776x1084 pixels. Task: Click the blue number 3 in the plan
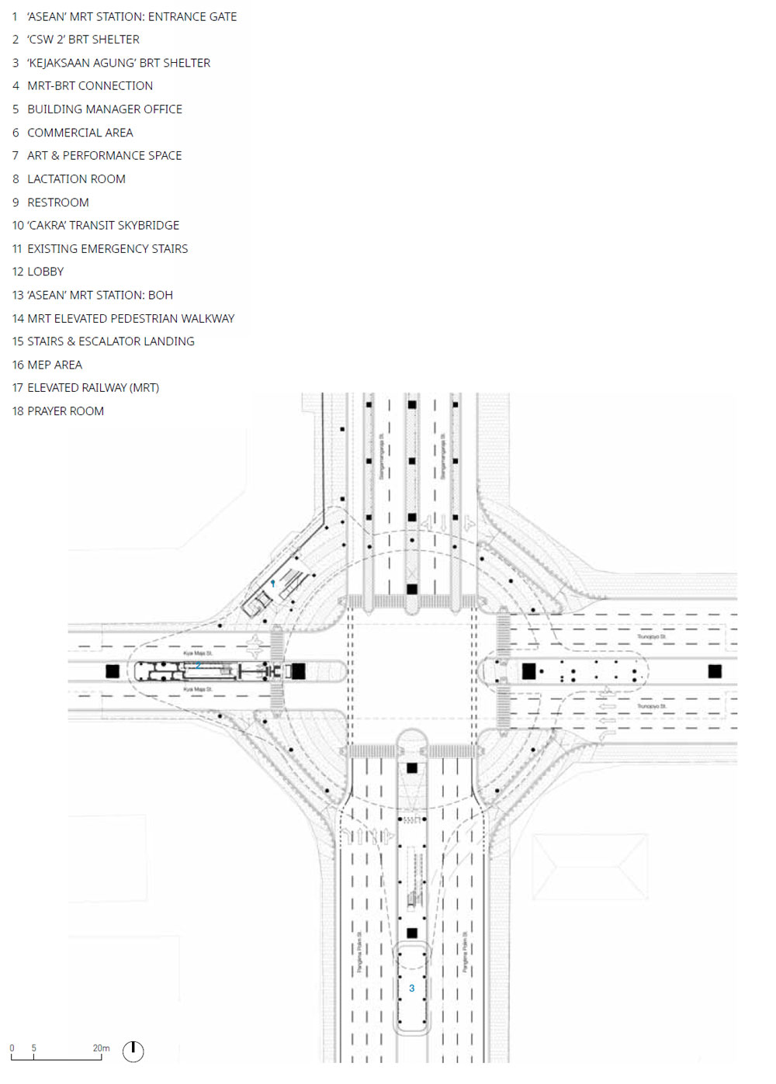(x=411, y=988)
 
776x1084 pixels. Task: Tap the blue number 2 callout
(x=199, y=666)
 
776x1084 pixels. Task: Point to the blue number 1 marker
(x=272, y=583)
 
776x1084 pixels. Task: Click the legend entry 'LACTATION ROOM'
(x=76, y=179)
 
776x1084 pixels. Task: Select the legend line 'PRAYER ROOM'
(x=65, y=411)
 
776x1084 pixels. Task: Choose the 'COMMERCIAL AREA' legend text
(x=80, y=133)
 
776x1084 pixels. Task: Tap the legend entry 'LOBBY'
(x=45, y=272)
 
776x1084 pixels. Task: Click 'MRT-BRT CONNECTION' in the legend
(x=90, y=86)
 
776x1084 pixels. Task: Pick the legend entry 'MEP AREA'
(x=54, y=365)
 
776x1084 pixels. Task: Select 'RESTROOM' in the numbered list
(x=58, y=203)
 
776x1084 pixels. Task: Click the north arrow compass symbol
(x=133, y=1051)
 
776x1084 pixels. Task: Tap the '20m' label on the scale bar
(x=101, y=1048)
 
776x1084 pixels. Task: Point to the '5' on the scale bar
(x=33, y=1048)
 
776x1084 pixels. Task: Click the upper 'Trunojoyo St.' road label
(x=652, y=637)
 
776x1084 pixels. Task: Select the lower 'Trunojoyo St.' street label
(x=652, y=706)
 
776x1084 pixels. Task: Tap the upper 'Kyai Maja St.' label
(x=198, y=653)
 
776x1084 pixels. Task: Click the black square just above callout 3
(x=412, y=933)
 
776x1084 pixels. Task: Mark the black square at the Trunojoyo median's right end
(x=715, y=671)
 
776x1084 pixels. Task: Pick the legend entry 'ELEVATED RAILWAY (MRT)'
(x=93, y=388)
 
